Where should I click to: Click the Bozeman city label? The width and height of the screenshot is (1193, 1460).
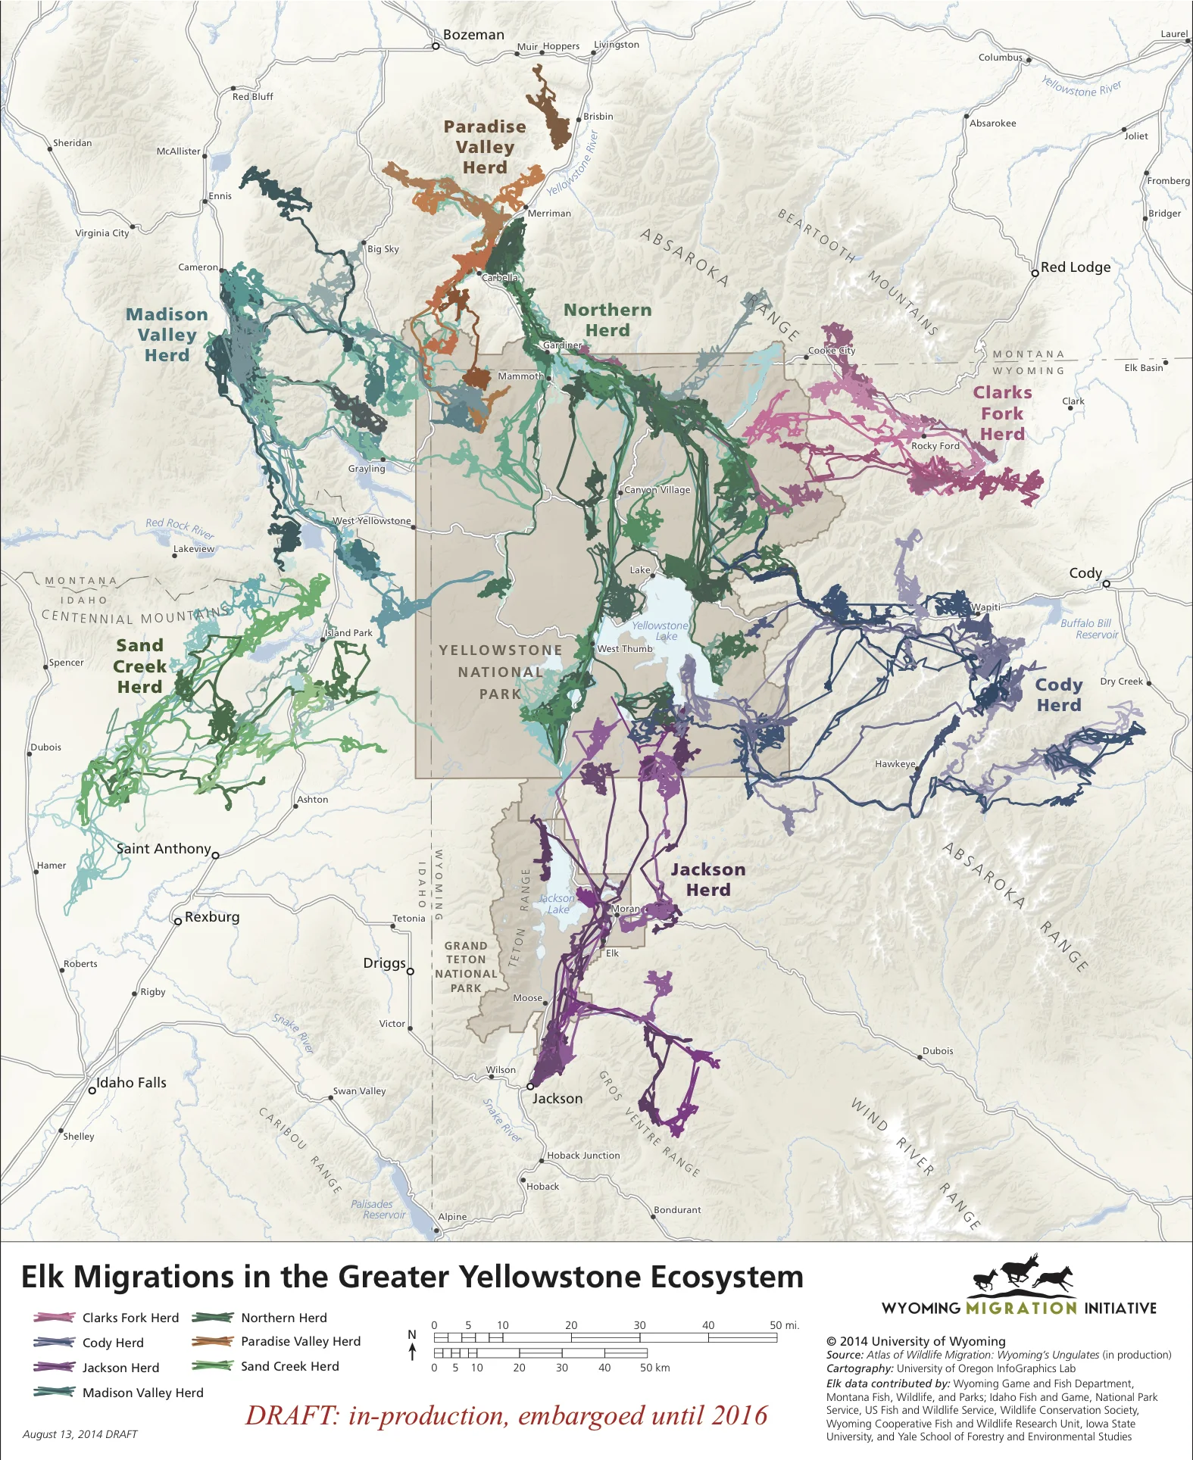click(473, 35)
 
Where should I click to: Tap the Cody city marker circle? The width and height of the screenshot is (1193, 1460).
click(1106, 584)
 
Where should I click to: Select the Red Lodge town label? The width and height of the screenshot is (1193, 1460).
click(1075, 267)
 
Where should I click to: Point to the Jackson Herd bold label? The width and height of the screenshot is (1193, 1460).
click(707, 880)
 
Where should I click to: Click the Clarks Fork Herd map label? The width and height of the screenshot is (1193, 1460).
click(1002, 413)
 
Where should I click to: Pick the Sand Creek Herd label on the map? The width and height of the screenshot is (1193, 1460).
click(139, 666)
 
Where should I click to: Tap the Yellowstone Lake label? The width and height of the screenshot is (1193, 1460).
click(661, 631)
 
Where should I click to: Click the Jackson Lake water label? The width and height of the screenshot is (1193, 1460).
click(557, 903)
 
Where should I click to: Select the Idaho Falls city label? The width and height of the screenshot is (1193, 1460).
click(131, 1083)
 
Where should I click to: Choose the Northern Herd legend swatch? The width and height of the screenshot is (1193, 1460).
click(212, 1318)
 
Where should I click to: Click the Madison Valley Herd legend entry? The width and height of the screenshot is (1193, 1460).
click(142, 1393)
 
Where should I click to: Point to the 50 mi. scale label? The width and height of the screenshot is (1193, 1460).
click(784, 1325)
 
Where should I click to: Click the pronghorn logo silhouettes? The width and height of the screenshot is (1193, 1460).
click(1023, 1274)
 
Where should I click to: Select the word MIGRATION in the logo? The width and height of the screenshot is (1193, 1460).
click(1021, 1308)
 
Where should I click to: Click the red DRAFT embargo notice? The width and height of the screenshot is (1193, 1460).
click(506, 1415)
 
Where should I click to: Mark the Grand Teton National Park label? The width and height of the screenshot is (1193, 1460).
click(466, 967)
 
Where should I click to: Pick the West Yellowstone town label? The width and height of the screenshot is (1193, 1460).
click(372, 521)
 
